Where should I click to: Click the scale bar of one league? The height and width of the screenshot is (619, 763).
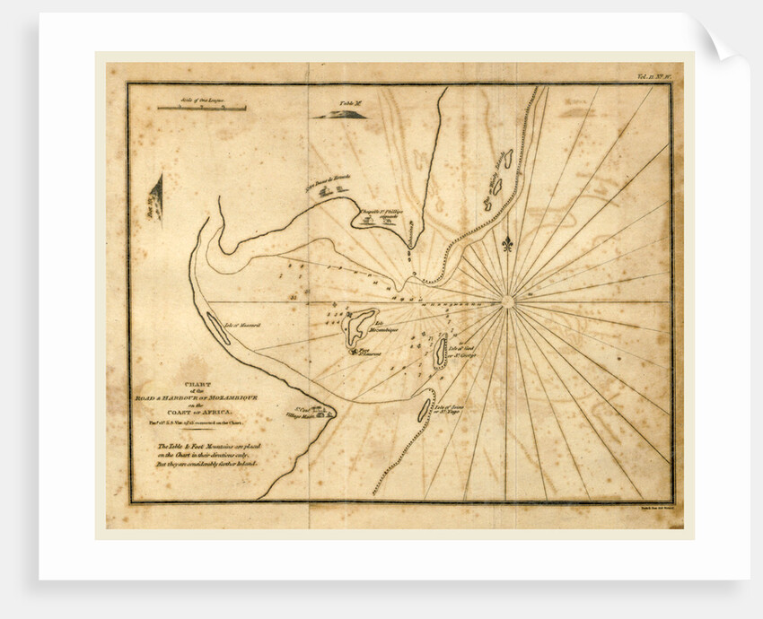[201, 108]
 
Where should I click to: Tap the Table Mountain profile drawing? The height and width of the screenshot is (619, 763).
[338, 114]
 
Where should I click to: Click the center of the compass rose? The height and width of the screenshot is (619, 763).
[508, 302]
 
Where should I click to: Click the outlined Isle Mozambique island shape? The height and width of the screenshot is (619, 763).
[361, 324]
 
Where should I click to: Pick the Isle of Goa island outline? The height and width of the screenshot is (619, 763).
[440, 352]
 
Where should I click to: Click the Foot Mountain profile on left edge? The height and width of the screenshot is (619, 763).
[157, 194]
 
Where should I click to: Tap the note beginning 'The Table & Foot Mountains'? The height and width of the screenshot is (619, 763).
[207, 455]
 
